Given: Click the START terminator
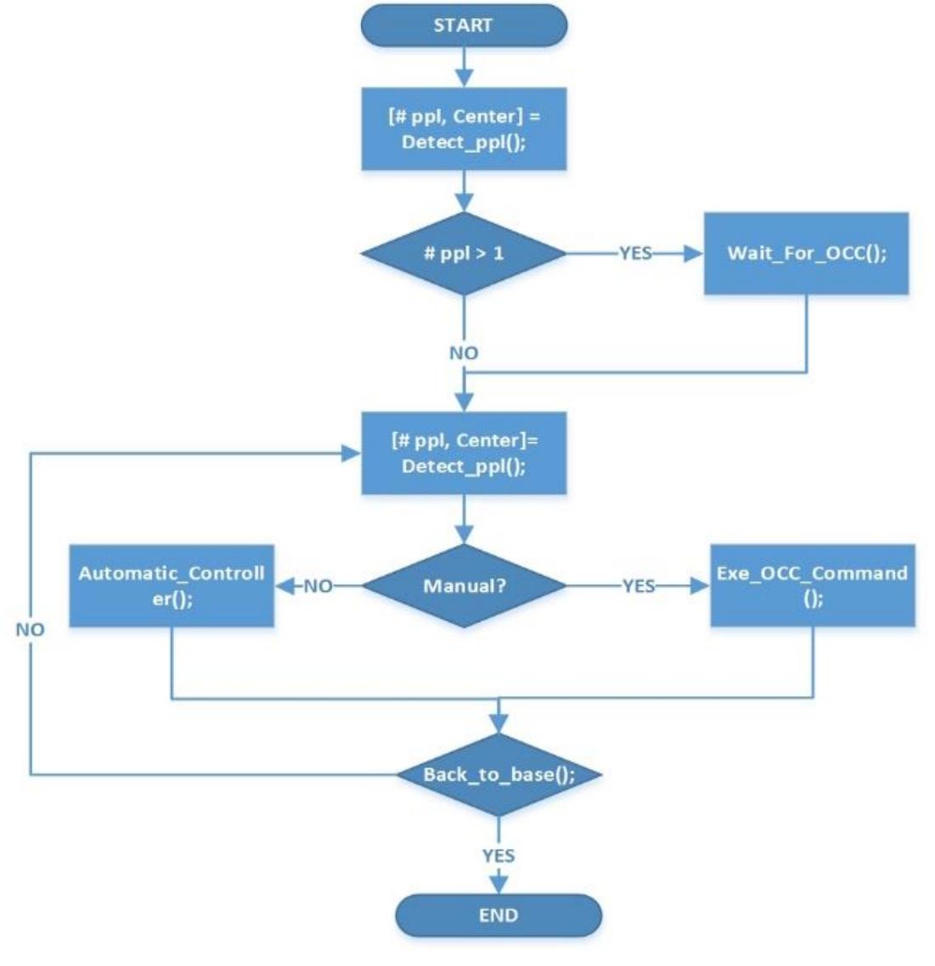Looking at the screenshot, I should point(464,25).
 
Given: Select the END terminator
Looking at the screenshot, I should point(498,915).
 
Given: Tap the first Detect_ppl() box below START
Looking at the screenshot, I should point(464,128).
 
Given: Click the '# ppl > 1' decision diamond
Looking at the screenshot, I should point(464,253).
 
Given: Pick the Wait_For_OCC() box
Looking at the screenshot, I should point(806,253).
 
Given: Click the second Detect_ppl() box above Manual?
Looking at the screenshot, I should point(464,453).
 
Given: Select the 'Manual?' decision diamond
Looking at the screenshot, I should point(464,586).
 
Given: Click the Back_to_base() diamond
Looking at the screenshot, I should point(498,774).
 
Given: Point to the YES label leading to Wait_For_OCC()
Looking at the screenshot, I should point(635,253).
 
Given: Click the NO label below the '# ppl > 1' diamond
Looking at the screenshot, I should point(464,352).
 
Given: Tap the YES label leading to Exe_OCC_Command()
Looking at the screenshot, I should point(638,586).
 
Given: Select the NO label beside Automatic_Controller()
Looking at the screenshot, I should point(318,586).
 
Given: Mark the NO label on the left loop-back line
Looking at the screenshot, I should point(30,629).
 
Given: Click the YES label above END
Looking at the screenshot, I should point(498,856).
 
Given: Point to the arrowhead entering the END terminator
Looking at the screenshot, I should point(498,885).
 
